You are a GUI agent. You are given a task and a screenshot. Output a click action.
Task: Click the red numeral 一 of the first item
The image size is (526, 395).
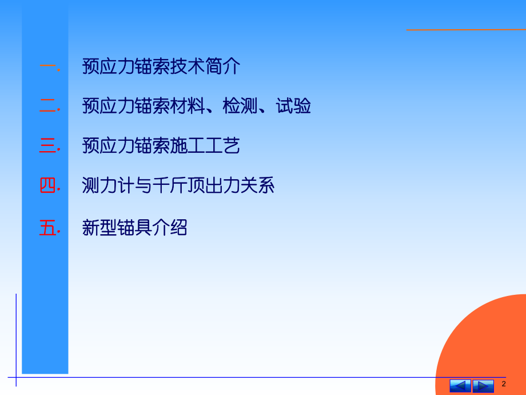(47, 67)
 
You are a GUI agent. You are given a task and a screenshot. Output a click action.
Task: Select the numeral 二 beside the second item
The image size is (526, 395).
(47, 106)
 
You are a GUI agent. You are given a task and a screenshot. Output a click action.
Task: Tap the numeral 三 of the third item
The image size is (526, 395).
(47, 147)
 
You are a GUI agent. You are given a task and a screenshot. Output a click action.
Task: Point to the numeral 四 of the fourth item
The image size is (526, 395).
(47, 186)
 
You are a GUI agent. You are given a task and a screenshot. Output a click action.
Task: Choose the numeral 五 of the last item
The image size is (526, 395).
(47, 228)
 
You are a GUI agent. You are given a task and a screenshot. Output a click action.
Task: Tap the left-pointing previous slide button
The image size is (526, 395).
(460, 385)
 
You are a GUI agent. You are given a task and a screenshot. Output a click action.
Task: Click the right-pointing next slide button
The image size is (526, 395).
(483, 385)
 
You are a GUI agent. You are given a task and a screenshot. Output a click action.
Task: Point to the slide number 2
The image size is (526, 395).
(504, 384)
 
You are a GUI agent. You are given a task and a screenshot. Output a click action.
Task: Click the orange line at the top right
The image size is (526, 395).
(465, 29)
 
